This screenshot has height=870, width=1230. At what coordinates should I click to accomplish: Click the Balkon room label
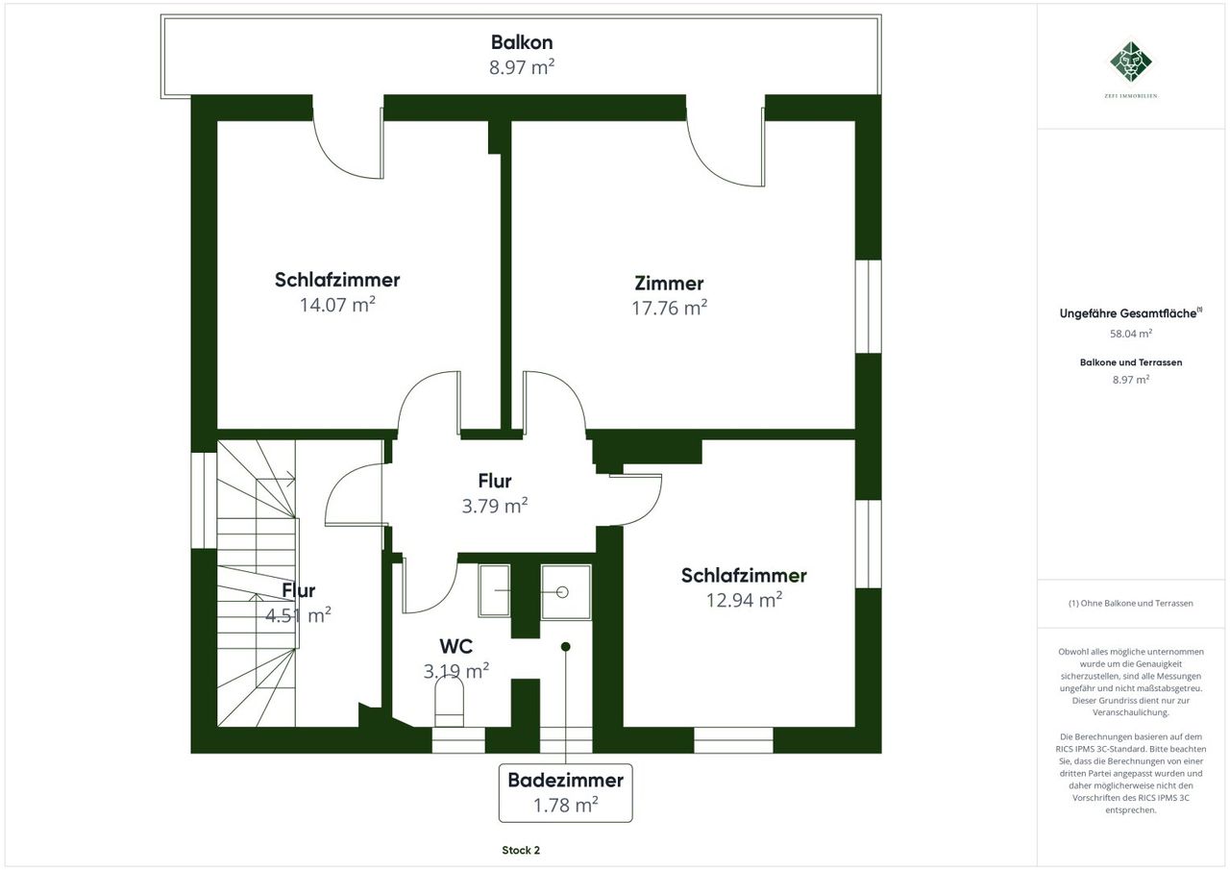522,42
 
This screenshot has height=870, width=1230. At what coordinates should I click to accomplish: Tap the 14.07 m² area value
337,305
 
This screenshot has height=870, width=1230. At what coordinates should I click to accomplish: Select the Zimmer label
669,284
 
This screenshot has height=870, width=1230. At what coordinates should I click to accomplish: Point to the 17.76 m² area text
669,308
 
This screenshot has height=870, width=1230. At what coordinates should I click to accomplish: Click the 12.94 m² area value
744,600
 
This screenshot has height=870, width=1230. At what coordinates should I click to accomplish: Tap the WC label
455,646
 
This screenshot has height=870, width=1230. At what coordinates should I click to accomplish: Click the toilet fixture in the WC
449,702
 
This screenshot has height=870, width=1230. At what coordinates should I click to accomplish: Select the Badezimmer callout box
566,792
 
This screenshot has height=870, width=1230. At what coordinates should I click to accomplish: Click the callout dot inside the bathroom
566,647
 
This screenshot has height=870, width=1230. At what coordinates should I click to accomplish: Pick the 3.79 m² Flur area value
495,506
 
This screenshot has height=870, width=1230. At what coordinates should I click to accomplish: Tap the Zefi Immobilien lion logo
1131,62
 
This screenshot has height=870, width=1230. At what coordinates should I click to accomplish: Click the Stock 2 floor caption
521,850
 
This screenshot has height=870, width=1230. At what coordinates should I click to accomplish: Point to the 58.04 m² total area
1131,334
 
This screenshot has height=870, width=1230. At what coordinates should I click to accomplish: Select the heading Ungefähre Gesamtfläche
1128,313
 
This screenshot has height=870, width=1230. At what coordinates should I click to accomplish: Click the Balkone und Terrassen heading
1131,362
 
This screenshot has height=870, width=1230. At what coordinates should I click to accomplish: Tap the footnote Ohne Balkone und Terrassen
1131,603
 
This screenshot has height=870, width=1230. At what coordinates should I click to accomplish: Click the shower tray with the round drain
566,592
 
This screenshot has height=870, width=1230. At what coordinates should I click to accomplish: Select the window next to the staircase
204,500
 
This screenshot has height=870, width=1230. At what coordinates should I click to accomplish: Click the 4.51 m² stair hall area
298,615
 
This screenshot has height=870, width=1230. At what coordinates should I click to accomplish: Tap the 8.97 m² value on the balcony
522,67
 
